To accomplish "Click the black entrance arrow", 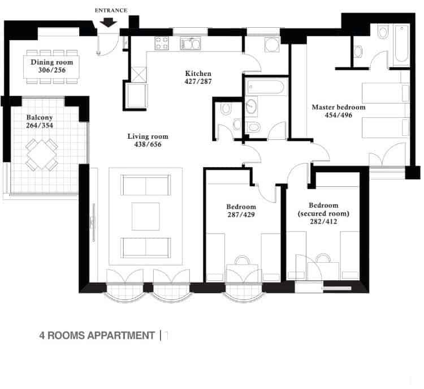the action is click(x=108, y=22).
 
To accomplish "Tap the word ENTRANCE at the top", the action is click(x=111, y=11).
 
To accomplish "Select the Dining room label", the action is click(x=51, y=62).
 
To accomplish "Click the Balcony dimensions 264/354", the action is click(x=40, y=125).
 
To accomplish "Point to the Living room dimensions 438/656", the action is click(x=148, y=144).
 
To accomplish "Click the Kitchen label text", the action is click(x=198, y=73).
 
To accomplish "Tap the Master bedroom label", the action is click(x=339, y=107).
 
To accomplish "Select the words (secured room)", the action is click(x=323, y=213).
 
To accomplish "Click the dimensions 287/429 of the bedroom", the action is click(x=241, y=215).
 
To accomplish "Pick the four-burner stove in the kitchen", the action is click(x=162, y=44).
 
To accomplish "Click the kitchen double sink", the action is click(x=191, y=44).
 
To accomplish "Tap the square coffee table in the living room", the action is click(x=145, y=216).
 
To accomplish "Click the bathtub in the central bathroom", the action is click(x=266, y=87).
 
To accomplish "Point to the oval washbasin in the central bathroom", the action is click(x=252, y=106).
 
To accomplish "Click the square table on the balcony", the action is click(x=42, y=155).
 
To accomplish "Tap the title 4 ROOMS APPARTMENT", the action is click(x=97, y=335).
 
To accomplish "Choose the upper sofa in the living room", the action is click(x=146, y=185).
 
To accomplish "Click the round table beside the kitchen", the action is click(x=272, y=45).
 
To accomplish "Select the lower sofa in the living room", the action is click(x=146, y=247).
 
